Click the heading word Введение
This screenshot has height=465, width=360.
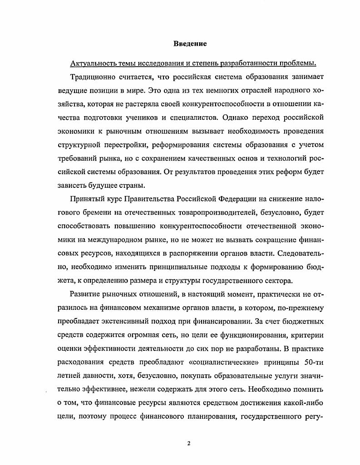(x=190, y=44)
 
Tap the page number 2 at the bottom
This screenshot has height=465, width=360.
(x=187, y=443)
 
